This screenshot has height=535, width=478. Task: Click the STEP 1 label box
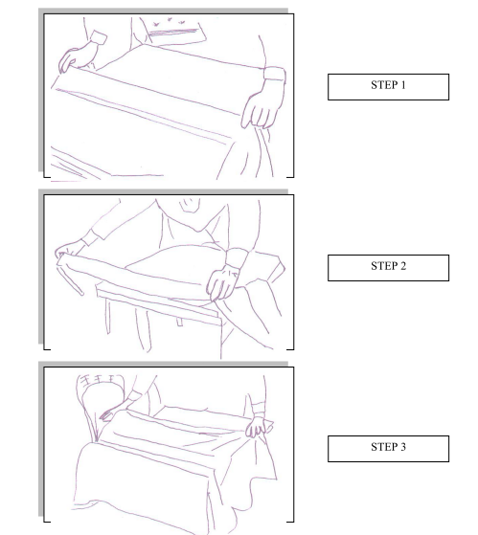tap(388, 87)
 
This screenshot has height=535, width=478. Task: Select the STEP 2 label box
tap(388, 268)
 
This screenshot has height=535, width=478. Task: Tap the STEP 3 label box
tap(388, 449)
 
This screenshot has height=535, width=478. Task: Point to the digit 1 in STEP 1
tap(403, 85)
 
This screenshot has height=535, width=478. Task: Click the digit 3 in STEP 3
tap(403, 447)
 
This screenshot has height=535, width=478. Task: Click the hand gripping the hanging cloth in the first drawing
tap(262, 107)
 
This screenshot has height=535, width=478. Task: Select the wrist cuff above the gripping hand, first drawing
tap(275, 74)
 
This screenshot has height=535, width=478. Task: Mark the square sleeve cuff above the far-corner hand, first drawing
tap(99, 37)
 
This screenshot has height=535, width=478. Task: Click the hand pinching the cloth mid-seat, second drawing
tap(223, 283)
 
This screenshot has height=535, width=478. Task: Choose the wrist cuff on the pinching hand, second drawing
tap(237, 257)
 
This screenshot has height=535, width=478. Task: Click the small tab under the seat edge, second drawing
tap(179, 322)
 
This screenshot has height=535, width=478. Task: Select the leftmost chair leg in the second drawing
tap(107, 316)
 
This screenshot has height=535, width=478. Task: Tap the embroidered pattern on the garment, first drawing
tap(170, 22)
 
